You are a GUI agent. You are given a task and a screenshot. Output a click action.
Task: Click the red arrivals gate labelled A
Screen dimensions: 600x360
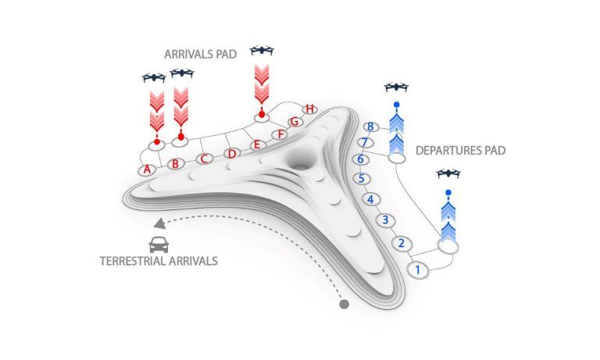(x=148, y=169)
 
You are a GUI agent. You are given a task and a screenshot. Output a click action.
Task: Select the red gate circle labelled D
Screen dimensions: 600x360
(x=232, y=154)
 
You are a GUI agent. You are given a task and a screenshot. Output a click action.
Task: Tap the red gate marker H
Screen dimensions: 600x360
(x=310, y=109)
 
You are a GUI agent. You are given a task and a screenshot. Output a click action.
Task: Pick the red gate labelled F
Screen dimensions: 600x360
(x=280, y=134)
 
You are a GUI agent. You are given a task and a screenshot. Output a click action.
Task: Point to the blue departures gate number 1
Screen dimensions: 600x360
(x=418, y=269)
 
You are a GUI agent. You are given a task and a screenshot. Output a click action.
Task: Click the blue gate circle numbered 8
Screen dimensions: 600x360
(x=370, y=127)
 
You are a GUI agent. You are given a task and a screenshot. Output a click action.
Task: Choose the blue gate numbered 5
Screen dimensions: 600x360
(x=361, y=179)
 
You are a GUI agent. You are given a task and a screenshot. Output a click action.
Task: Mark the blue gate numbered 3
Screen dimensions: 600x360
(x=385, y=220)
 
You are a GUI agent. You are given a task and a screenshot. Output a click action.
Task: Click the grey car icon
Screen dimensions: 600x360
(x=159, y=245)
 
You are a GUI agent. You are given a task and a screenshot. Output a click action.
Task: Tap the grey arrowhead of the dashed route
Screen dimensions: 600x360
(x=160, y=224)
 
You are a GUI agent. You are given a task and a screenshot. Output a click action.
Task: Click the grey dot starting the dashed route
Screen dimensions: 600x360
(x=344, y=304)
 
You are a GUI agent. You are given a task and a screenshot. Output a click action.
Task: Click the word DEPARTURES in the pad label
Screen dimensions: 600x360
(x=444, y=151)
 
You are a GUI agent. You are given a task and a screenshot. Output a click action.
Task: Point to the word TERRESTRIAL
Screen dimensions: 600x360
(x=133, y=262)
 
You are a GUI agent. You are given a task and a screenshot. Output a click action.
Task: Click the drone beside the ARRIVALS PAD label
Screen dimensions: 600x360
(x=262, y=50)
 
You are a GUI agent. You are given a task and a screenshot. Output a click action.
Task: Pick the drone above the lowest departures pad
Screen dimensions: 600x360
(x=448, y=173)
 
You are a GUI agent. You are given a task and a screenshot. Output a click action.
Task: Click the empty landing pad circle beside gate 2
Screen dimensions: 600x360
(x=448, y=247)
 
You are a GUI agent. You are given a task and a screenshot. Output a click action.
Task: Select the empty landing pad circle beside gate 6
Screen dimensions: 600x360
(x=397, y=157)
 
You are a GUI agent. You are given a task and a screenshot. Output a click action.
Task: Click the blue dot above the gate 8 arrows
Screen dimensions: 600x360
(x=397, y=105)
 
